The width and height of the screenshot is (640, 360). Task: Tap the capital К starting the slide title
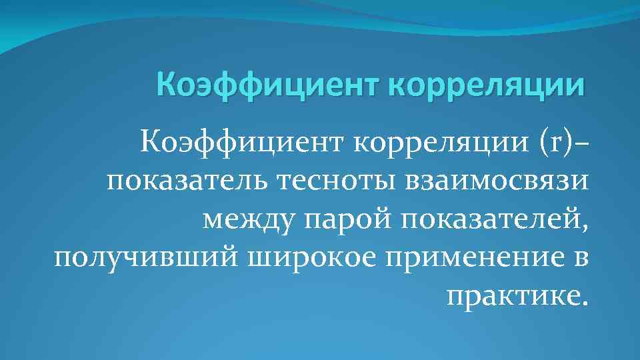click(x=165, y=85)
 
